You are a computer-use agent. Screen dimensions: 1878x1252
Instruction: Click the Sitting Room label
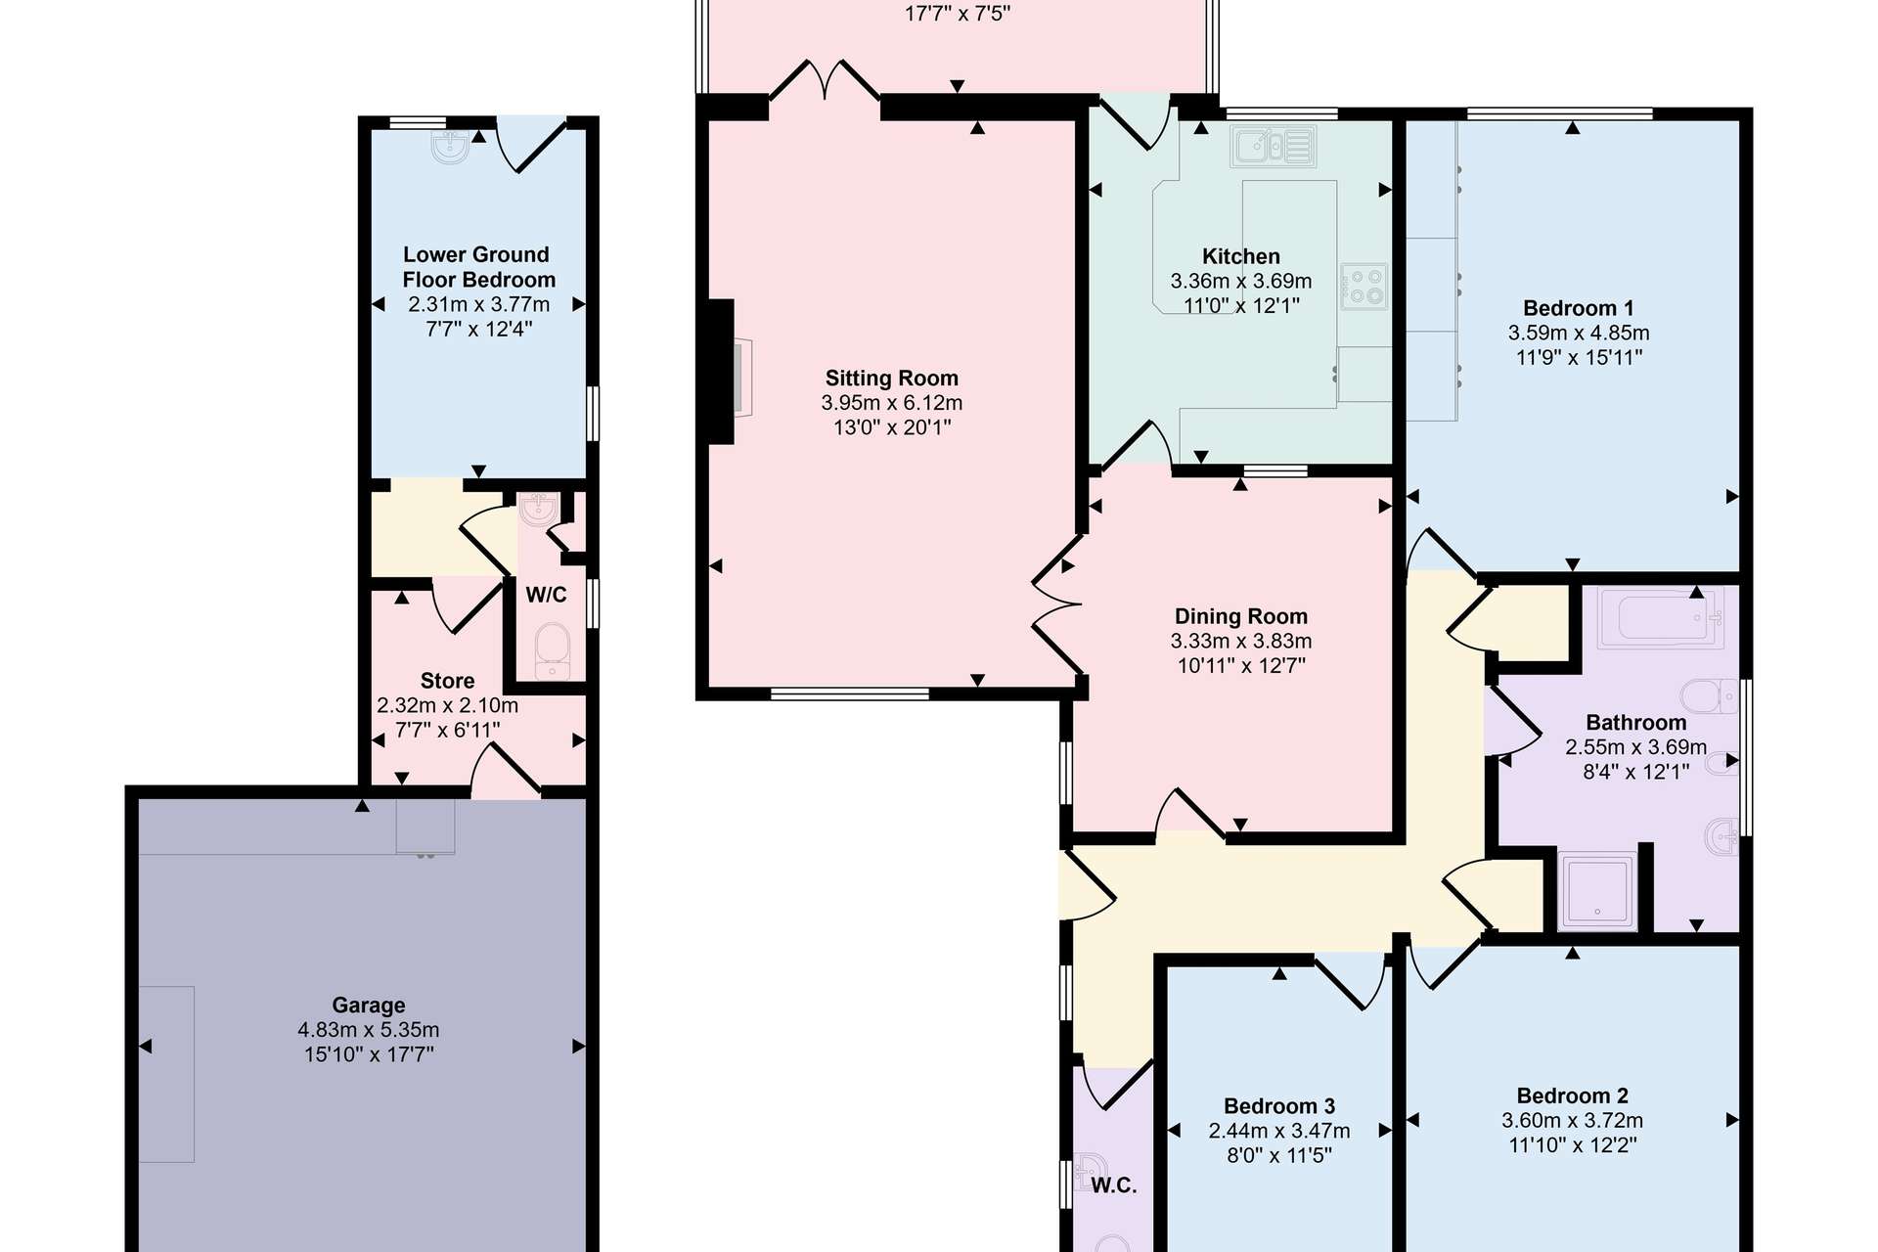pos(891,379)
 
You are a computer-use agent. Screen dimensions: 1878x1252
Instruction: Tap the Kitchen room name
pos(1240,256)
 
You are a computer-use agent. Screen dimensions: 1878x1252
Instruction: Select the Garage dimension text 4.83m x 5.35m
pos(369,1030)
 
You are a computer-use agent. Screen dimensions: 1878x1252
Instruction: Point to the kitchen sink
pos(1273,147)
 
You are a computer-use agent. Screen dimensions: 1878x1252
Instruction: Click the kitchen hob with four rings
pos(1364,286)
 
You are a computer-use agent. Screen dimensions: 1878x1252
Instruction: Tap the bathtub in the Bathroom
pos(1660,618)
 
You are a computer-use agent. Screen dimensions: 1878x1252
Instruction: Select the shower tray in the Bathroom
pos(1597,891)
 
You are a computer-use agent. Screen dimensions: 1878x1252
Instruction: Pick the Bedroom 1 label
pos(1578,308)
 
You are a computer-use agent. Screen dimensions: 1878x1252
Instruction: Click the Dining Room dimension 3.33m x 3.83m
pos(1240,641)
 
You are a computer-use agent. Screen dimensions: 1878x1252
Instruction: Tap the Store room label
pos(447,681)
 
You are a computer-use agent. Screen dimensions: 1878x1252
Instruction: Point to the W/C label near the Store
pos(546,595)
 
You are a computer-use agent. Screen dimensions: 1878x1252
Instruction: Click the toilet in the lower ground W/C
pos(553,650)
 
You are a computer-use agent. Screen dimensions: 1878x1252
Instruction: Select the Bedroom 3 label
pos(1279,1106)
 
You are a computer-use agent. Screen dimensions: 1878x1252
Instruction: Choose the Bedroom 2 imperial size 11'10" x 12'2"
pos(1573,1144)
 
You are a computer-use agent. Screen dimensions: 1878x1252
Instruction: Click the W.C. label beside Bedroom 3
pos(1114,1185)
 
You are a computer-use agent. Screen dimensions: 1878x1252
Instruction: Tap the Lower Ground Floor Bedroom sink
pos(451,147)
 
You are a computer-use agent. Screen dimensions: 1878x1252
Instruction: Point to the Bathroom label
pos(1635,723)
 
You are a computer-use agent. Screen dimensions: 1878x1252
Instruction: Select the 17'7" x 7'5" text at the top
pos(958,14)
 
